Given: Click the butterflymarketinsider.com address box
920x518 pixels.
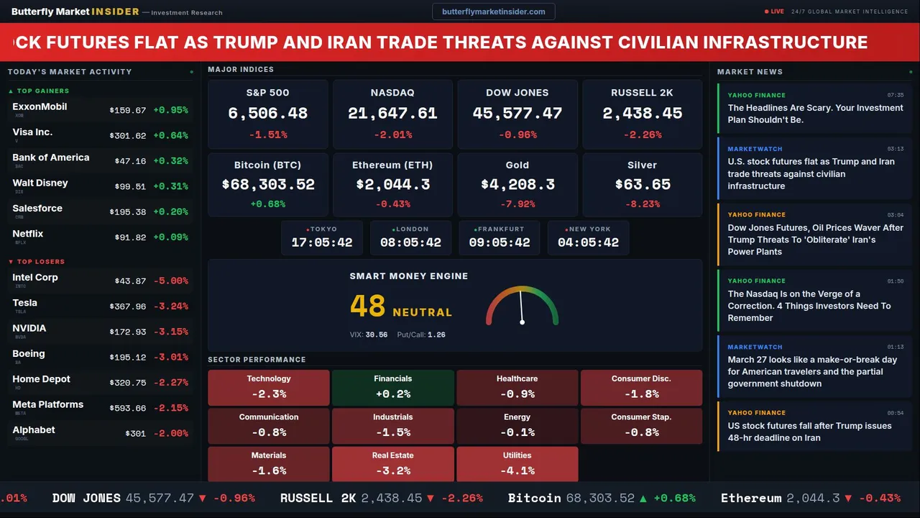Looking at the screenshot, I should pyautogui.click(x=494, y=12).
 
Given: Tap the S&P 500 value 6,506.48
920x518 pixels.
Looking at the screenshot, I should pyautogui.click(x=267, y=114).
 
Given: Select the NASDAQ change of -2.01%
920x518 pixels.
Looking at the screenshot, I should pyautogui.click(x=392, y=135).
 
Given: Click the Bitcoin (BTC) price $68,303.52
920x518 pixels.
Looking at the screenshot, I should pyautogui.click(x=268, y=184).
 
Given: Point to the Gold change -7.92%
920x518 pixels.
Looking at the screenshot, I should pyautogui.click(x=517, y=204).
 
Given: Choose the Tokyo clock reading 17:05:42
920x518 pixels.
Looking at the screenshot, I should pyautogui.click(x=322, y=242).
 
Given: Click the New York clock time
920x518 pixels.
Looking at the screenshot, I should pyautogui.click(x=588, y=242).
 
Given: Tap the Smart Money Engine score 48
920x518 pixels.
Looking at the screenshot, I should pyautogui.click(x=368, y=306).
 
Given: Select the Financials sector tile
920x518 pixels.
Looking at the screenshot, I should pyautogui.click(x=393, y=388).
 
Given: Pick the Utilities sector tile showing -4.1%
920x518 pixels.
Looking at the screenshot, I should pyautogui.click(x=517, y=464).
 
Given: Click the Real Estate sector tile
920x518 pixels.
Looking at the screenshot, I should pyautogui.click(x=393, y=464).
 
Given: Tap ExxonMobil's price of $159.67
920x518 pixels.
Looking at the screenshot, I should pyautogui.click(x=128, y=111).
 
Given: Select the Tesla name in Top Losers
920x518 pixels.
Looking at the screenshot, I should pyautogui.click(x=25, y=303).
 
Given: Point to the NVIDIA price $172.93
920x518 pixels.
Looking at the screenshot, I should pyautogui.click(x=128, y=332).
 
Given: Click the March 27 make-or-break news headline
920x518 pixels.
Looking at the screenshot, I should pyautogui.click(x=812, y=371).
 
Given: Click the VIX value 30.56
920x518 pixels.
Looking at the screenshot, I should pyautogui.click(x=376, y=335).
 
